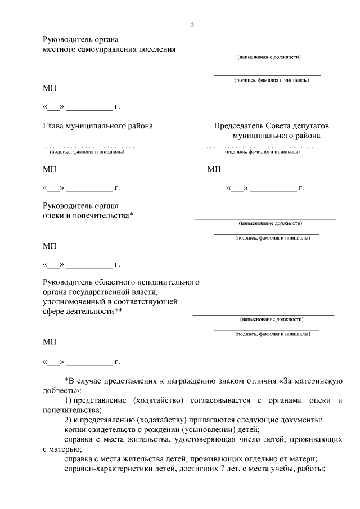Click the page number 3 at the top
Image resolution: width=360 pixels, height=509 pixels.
coord(192,25)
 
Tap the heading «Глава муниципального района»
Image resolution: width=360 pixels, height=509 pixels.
coord(98,126)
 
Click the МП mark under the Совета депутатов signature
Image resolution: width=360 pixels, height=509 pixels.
coord(214,169)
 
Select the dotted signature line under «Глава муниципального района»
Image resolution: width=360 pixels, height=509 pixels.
coord(94,147)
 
